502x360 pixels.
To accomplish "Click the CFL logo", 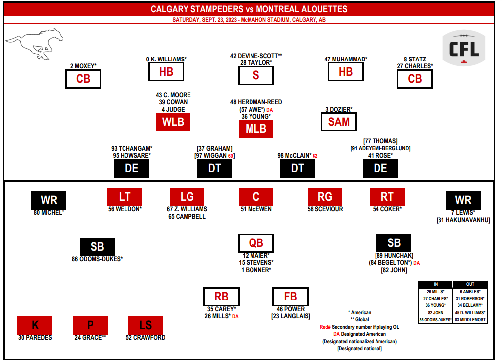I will click(464, 49).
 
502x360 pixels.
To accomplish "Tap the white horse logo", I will click(36, 44).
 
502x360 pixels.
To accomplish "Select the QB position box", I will click(256, 243).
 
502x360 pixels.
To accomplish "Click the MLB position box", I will click(256, 129).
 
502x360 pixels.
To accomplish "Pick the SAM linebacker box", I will click(339, 122).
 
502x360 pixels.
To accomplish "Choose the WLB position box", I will click(173, 122).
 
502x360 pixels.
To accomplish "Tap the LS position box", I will click(145, 325).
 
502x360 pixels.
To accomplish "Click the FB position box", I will click(290, 297).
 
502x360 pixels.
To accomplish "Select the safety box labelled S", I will click(256, 75).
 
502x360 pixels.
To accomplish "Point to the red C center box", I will click(256, 197).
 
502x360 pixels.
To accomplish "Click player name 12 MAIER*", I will click(256, 255).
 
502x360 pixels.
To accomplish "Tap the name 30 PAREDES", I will click(35, 338).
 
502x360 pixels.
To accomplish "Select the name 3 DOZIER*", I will click(339, 109).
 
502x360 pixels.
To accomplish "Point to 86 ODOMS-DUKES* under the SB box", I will click(97, 259).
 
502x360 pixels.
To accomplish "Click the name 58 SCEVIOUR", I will click(325, 209).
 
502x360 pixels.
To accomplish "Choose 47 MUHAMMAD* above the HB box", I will click(346, 59).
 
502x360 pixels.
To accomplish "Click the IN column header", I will click(435, 285).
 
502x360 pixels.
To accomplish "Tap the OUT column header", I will click(470, 285).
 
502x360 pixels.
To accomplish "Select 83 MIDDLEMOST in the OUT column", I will click(470, 320).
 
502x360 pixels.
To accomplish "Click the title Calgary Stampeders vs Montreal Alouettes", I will click(249, 9).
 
